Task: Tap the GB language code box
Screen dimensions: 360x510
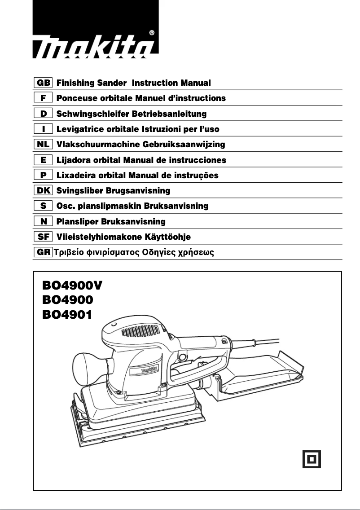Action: click(x=44, y=83)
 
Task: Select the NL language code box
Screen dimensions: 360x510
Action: click(x=44, y=145)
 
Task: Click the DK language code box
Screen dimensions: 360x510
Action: click(x=44, y=191)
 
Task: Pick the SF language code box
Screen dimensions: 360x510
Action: click(x=44, y=237)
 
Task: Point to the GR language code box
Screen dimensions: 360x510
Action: click(x=44, y=252)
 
